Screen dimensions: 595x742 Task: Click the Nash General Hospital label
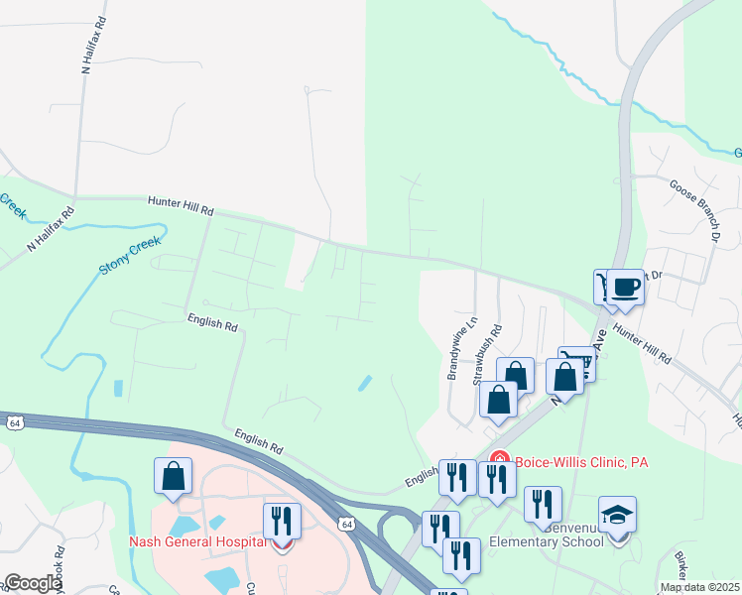(198, 541)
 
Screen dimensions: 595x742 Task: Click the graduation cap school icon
(617, 515)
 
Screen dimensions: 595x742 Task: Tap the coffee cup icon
(625, 288)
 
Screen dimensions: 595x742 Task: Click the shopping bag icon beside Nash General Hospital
(174, 475)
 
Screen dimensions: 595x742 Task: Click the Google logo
(32, 583)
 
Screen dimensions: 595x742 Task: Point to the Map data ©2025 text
(699, 587)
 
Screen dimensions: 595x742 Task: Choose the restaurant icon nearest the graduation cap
(543, 504)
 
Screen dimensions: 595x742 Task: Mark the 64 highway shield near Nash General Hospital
(344, 523)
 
